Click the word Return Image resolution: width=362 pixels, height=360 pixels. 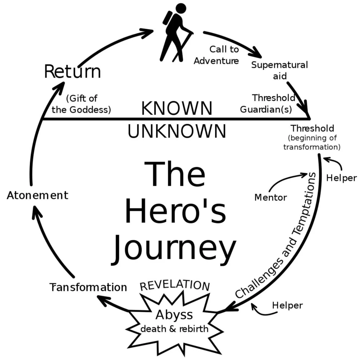[x=72, y=71]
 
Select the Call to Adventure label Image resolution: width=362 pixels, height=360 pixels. [x=217, y=55]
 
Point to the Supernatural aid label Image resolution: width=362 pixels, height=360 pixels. [x=279, y=70]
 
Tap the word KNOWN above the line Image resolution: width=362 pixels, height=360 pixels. [x=177, y=108]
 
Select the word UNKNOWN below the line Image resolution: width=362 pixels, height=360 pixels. [x=177, y=131]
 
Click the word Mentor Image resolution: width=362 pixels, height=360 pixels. [x=271, y=198]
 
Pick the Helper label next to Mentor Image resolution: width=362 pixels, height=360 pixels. [x=341, y=178]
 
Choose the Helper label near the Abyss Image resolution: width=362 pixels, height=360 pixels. [x=287, y=305]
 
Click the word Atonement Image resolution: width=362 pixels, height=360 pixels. [x=38, y=195]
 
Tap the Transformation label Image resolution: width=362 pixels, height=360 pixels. [x=88, y=287]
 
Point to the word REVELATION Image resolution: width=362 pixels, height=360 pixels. [x=175, y=285]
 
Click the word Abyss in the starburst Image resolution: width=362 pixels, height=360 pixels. [x=174, y=315]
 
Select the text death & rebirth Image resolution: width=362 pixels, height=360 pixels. [x=174, y=329]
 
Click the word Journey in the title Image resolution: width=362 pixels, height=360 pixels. [x=174, y=248]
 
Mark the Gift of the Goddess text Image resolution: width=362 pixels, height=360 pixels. [x=81, y=104]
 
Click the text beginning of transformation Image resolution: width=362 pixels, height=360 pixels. [x=312, y=142]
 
